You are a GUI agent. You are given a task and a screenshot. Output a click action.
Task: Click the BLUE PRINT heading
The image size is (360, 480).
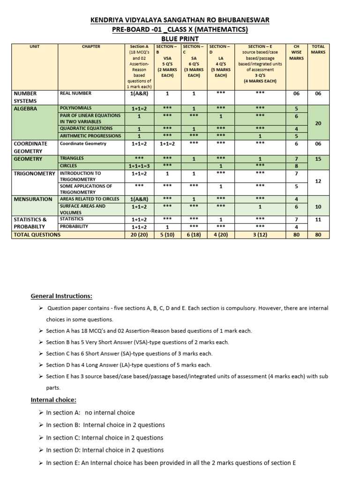point(180,39)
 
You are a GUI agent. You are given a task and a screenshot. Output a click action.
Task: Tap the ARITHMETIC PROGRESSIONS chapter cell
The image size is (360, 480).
point(90,136)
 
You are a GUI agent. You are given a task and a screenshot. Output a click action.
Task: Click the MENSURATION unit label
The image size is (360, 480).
point(33,199)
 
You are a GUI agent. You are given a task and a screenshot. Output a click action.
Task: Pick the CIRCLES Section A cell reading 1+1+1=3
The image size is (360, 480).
point(139,166)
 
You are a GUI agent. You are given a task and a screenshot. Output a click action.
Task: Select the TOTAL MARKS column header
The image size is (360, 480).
point(318,49)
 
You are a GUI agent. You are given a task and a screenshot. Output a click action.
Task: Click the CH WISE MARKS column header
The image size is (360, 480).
point(296,52)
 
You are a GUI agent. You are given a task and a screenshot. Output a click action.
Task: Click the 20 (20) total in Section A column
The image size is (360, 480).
point(139,234)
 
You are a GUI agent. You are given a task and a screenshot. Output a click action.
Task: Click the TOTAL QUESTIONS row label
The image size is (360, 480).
point(37,234)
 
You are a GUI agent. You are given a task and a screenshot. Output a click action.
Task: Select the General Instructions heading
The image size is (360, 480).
point(61,296)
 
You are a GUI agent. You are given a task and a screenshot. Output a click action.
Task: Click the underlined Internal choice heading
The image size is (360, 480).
point(53,400)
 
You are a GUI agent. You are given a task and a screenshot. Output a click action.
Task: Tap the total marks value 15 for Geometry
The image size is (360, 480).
point(318,159)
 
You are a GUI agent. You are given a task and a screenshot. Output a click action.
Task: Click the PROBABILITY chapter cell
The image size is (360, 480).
point(74,226)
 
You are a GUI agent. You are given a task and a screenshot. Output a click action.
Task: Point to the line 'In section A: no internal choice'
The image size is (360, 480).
point(90,412)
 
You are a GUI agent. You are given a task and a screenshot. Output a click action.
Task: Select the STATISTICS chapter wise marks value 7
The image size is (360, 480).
point(296,219)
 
